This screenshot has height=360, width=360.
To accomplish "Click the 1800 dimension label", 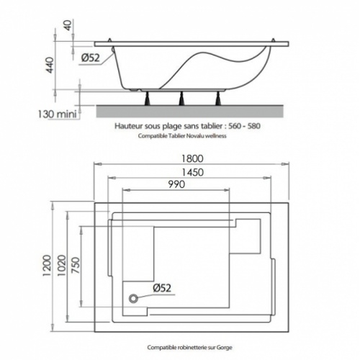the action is point(192,158).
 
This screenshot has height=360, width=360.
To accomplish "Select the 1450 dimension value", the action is point(192,172).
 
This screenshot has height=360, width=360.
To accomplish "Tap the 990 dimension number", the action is point(176,184).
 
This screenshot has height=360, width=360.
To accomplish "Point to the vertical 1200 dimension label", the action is point(47,266).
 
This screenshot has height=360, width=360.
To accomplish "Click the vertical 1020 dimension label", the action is point(61,266).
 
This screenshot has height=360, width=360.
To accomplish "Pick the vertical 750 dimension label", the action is point(76,265).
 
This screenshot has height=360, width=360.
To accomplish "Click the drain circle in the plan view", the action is point(133,299).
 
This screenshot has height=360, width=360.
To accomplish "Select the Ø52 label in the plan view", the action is point(162,288).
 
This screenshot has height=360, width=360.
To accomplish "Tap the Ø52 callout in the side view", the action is point(91,58).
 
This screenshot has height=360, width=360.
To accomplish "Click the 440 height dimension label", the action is point(50,65).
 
